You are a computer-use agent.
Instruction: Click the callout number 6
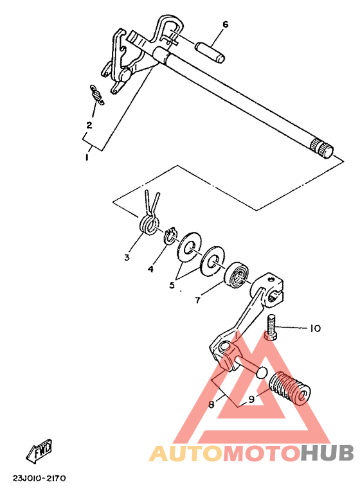point(225,24)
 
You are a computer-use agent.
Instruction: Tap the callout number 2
point(89,125)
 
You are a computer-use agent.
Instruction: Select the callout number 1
point(87,157)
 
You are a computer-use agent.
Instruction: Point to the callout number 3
point(127,258)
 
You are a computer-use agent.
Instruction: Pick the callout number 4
point(150,269)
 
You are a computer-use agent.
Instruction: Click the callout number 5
point(172,285)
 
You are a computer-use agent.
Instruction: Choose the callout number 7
point(197,300)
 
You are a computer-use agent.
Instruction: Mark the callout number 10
point(315,329)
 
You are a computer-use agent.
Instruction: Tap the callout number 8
point(212,404)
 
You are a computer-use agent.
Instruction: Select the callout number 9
point(251,400)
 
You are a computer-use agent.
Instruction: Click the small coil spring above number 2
point(97,95)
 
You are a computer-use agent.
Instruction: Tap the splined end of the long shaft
point(321,148)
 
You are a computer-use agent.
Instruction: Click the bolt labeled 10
point(271,327)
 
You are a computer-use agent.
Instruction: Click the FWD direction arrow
point(39,450)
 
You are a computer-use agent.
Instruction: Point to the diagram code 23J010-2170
point(39,479)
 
